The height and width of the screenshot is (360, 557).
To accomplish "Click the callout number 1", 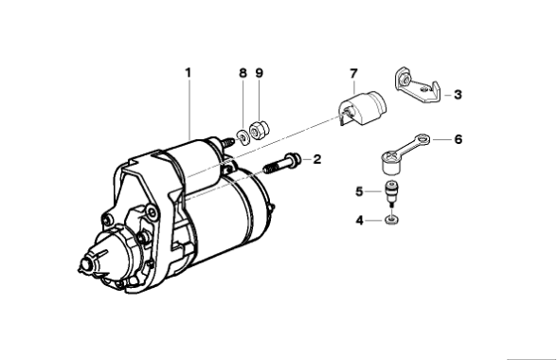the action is pos(189,73).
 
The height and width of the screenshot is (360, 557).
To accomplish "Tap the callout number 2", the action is pos(316,159).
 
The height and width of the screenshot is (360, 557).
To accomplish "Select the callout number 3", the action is pos(458,95).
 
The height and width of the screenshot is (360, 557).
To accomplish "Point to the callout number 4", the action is pos(360,221).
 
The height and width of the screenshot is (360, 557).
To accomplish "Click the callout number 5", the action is pos(359,192).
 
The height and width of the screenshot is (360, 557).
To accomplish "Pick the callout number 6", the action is pos(458,139).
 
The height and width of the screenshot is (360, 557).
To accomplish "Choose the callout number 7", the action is pos(353,74).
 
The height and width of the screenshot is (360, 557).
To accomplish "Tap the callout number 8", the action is pos(243,73).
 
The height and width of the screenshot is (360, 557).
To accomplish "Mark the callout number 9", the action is pos(260,73).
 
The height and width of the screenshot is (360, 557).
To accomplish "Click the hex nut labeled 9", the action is pos(260,131).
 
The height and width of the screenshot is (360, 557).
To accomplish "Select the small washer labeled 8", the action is pos(243,137).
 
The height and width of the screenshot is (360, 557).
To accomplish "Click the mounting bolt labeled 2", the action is pos(282,163).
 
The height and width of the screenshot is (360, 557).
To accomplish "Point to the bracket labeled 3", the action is pos(418,85).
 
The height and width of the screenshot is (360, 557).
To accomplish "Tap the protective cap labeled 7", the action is pos(363,108).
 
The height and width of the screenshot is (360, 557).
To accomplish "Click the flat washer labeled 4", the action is pos(391,221).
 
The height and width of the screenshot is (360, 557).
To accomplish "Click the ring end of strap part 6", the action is pos(422,138).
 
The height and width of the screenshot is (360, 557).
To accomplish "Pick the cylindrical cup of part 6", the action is pos(390,164).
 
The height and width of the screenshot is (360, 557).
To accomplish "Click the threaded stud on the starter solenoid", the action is pos(227,143).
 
